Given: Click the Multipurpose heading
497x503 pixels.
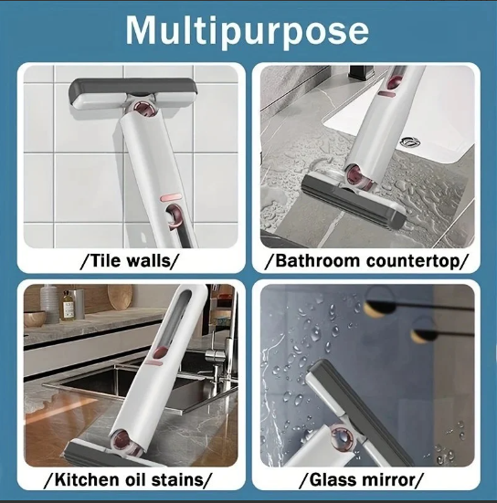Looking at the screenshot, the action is (247, 31).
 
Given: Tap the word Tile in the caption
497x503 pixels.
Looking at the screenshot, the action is (104, 260).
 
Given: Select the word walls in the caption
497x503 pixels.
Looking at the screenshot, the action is (148, 260).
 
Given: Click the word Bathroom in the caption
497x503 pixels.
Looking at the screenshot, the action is (318, 260).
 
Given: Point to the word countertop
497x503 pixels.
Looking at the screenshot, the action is (412, 261).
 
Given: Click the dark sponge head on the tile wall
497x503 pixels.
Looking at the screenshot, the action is (132, 89).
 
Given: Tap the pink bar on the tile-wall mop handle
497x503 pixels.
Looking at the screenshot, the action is (169, 197).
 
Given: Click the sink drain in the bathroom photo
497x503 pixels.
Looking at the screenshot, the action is (409, 141).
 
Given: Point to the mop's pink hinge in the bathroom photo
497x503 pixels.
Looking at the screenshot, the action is (358, 176).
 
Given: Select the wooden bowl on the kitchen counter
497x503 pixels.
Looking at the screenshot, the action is (35, 319).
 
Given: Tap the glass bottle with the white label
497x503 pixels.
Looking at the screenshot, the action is (68, 306).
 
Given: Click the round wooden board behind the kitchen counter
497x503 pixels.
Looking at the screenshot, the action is (120, 297).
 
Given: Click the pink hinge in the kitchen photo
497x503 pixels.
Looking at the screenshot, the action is (124, 442).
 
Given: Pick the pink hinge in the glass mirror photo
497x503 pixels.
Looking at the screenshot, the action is (343, 435).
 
